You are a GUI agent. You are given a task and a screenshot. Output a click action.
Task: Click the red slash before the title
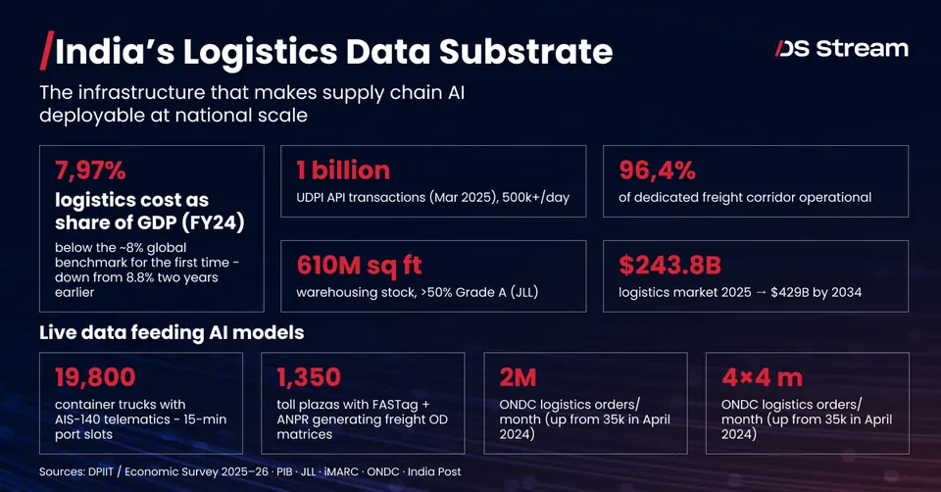(47, 50)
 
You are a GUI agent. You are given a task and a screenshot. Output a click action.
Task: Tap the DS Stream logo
(841, 49)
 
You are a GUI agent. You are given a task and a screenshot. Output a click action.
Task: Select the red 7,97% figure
(90, 171)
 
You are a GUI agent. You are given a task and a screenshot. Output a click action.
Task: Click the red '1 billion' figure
(343, 171)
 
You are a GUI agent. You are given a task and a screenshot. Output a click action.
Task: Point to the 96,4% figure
(657, 171)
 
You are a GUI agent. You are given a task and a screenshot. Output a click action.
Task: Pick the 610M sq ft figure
(359, 266)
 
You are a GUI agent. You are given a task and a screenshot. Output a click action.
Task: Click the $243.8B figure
(669, 266)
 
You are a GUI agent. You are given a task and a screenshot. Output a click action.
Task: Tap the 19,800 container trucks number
(95, 377)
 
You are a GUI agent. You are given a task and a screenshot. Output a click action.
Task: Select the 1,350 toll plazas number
(309, 377)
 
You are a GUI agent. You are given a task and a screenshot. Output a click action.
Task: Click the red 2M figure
(518, 377)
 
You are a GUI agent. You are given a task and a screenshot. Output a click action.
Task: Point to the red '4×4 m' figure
(762, 377)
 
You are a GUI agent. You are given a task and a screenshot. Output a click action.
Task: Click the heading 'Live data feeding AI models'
(172, 332)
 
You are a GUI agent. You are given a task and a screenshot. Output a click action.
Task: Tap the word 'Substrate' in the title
(525, 52)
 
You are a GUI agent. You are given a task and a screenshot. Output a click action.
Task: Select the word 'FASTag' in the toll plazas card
(393, 405)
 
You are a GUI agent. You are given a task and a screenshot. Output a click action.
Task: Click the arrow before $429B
(761, 293)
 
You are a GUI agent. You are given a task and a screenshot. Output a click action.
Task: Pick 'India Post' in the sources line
(434, 472)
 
